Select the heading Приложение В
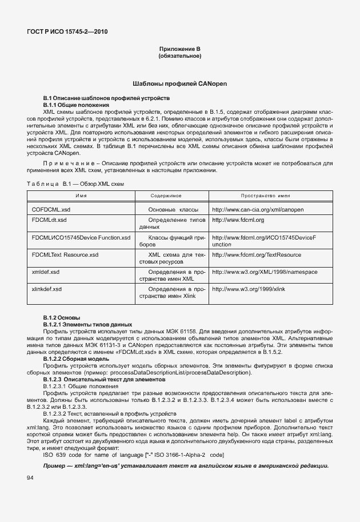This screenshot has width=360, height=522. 180,50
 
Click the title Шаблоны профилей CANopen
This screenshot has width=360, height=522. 180,83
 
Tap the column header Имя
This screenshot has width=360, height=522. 81,196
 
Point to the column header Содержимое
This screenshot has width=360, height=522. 166,196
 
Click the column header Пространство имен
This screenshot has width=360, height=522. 266,196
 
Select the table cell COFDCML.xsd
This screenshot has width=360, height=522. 51,210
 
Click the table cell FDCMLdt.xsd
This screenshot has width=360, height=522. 49,220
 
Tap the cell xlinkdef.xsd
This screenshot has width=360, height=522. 47,289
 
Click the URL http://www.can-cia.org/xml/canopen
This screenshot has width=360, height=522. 258,210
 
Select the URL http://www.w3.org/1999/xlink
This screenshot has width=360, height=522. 248,289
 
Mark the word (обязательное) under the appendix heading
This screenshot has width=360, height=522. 180,57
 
